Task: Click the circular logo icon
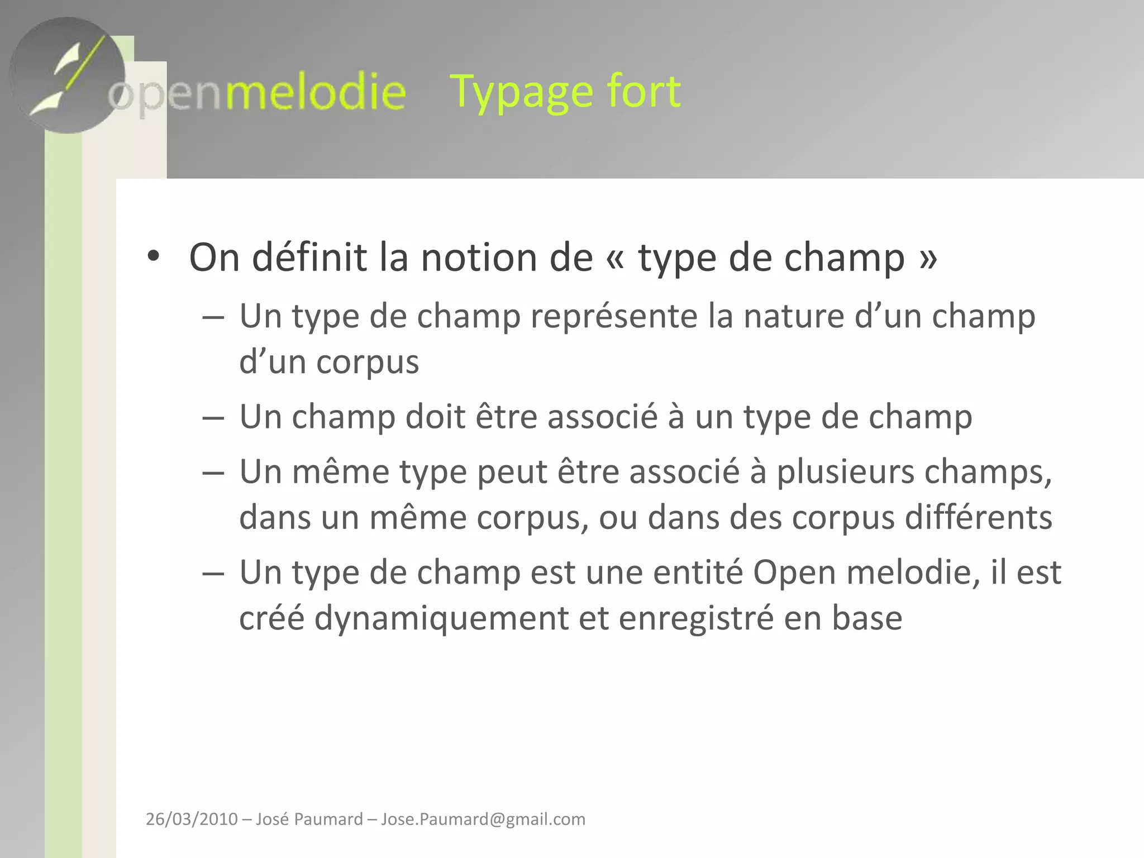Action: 67,75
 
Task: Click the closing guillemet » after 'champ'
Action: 928,259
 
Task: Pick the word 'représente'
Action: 614,317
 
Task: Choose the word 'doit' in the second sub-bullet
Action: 435,417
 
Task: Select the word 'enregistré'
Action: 696,618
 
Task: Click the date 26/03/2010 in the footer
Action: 192,819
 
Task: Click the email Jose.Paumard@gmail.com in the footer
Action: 483,819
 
